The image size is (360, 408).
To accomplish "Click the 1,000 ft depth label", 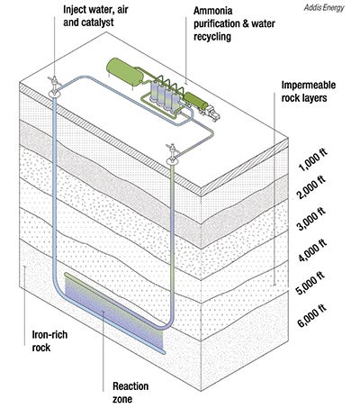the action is pyautogui.click(x=312, y=160).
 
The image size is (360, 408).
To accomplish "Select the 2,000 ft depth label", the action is pyautogui.click(x=311, y=187).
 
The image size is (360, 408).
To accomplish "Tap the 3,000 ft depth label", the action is pyautogui.click(x=311, y=218).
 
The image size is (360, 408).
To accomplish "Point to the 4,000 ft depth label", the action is pyautogui.click(x=312, y=250).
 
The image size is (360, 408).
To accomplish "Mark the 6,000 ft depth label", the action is pyautogui.click(x=311, y=315).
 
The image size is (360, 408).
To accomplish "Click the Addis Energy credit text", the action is pyautogui.click(x=324, y=7).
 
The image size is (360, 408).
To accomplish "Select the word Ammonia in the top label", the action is pyautogui.click(x=213, y=11).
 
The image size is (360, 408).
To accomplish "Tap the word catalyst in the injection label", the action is pyautogui.click(x=98, y=23).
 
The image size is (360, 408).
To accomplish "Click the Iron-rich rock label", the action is pyautogui.click(x=49, y=341).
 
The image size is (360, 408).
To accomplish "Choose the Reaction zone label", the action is pyautogui.click(x=130, y=393).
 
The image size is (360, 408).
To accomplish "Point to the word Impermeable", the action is pyautogui.click(x=309, y=86).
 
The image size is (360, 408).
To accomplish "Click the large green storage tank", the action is pyautogui.click(x=124, y=71).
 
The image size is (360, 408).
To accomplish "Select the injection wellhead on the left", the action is pyautogui.click(x=54, y=87).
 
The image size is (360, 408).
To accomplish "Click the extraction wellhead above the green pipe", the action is pyautogui.click(x=172, y=154).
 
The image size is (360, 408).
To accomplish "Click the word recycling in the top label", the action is pyautogui.click(x=212, y=37).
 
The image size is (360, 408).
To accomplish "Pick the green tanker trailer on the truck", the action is pyautogui.click(x=196, y=101).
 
